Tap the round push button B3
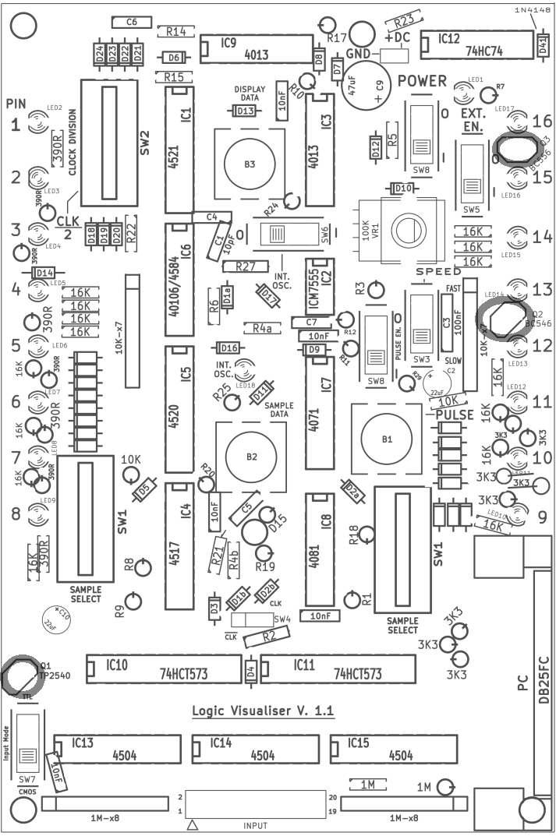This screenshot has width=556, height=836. coord(249,164)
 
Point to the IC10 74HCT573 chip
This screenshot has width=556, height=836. coord(163,669)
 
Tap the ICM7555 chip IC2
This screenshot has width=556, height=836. coord(326,277)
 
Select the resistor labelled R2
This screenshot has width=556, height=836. coord(270,636)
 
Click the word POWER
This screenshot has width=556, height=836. coord(421,81)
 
